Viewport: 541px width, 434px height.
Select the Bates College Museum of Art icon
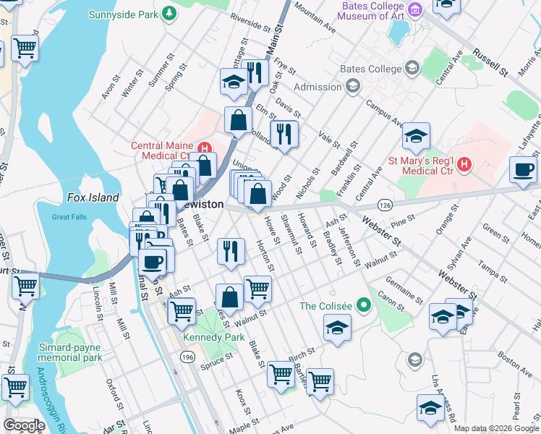coord(415,10)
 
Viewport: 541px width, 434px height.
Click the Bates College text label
coord(371,69)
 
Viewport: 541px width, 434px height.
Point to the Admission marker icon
coord(352,87)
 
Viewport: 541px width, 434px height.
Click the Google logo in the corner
coord(24,425)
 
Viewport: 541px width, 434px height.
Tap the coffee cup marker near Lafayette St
coord(523,170)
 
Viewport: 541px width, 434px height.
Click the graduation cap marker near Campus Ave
coord(416,135)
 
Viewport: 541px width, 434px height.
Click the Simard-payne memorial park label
coord(69,352)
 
